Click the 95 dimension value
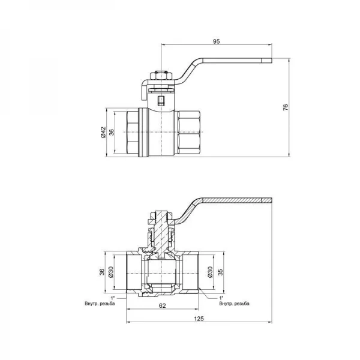(216, 41)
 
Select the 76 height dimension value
(286, 107)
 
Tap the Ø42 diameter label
(103, 132)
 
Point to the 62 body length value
(162, 305)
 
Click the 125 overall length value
(199, 319)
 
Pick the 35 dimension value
(220, 272)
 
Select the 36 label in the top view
(112, 132)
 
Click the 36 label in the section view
(102, 272)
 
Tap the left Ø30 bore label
(110, 272)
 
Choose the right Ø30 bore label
(210, 272)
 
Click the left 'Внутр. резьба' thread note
(100, 304)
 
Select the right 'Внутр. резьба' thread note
(234, 304)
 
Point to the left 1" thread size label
(113, 298)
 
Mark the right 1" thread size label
(221, 298)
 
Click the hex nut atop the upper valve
(161, 76)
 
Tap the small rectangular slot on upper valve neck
(161, 100)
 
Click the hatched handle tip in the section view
(267, 200)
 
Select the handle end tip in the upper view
(267, 61)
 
